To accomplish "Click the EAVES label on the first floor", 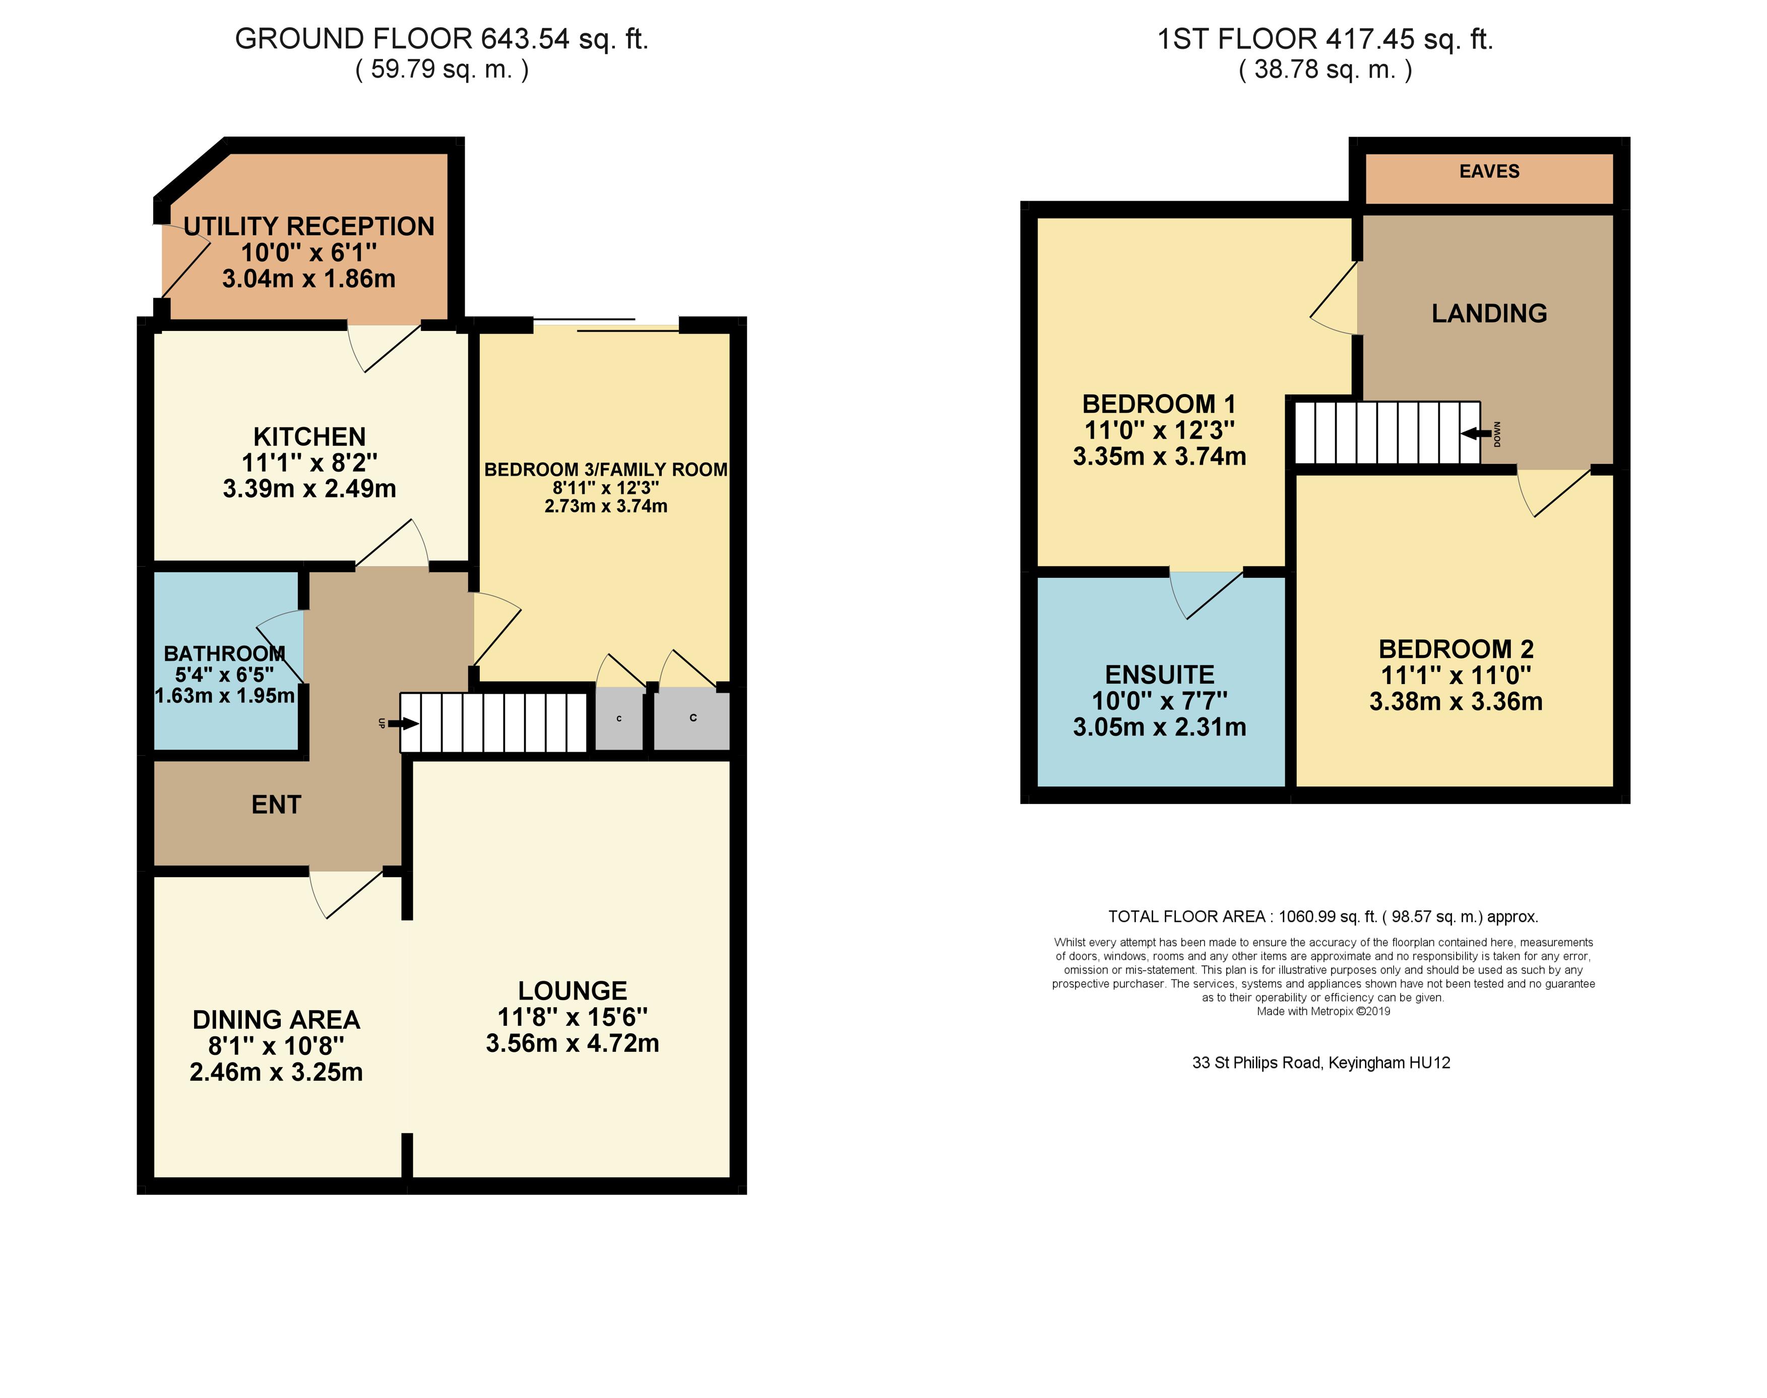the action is pos(1489,171).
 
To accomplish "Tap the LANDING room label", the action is pos(1489,313).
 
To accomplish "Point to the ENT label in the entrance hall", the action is pos(276,805).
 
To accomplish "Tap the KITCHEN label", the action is pos(309,436).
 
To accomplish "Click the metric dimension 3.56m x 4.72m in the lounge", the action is pos(573,1043).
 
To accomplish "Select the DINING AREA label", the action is pos(276,1020).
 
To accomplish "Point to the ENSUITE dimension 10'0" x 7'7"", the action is pos(1160,701).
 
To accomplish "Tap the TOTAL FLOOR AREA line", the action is pos(1323,917).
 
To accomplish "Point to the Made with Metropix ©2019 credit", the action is pos(1323,1011).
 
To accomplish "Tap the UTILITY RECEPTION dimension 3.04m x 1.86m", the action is pos(308,278).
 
